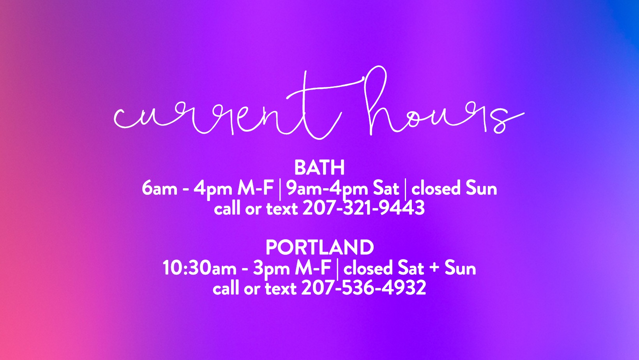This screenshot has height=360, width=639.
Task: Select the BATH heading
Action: coord(319,168)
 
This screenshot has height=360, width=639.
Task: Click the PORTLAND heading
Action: coord(319,247)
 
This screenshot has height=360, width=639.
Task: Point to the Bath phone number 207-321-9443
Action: coord(364,208)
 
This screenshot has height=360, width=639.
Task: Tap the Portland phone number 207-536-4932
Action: coord(364,288)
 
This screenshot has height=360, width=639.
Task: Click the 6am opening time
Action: coord(159,188)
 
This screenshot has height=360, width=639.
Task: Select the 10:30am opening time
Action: coord(199,268)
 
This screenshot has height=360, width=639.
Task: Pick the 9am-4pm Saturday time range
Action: coord(327,189)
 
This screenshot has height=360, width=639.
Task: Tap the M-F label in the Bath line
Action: coord(256,188)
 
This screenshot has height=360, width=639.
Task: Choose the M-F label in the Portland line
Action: coord(313,268)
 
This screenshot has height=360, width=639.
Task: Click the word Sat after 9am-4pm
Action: coord(386,188)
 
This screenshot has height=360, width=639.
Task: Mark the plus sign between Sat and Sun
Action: coord(434,269)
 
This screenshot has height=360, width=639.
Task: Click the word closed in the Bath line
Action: coord(436,188)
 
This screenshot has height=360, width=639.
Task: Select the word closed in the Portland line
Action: coord(368,268)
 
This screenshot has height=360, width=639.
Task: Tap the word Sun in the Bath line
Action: coord(482,188)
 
